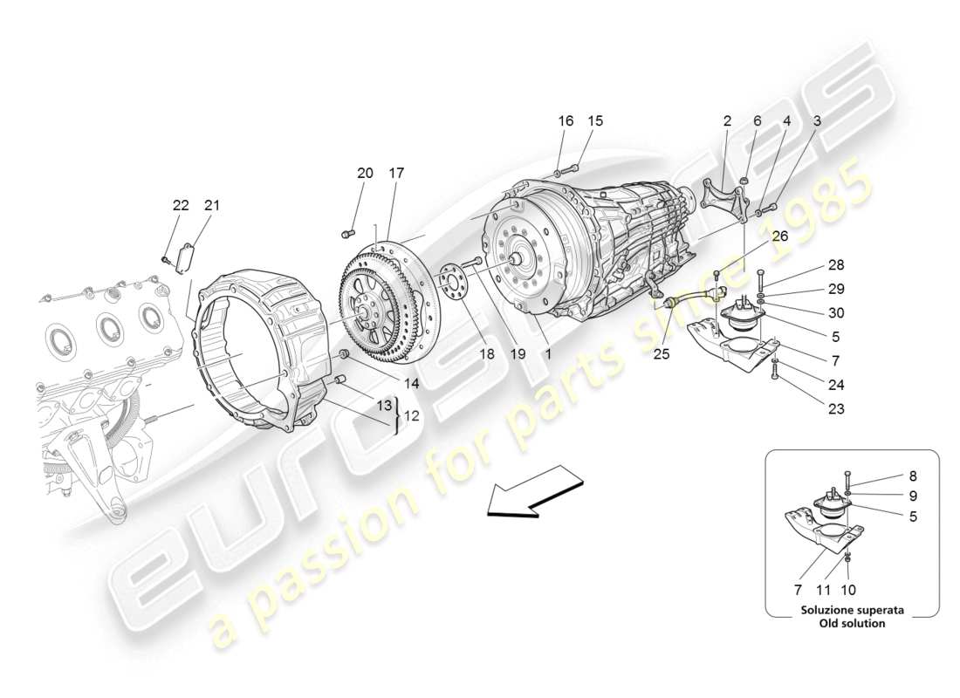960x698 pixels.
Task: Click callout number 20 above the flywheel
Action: coord(365,174)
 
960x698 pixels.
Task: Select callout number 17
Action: coord(396,174)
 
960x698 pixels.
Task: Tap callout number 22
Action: coord(181,206)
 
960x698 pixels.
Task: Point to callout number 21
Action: coord(212,206)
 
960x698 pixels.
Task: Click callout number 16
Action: coord(566,121)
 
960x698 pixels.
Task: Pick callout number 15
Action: coord(595,121)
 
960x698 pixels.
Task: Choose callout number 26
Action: coord(779,235)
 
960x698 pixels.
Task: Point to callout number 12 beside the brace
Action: coord(411,415)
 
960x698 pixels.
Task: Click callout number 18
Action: coord(486,355)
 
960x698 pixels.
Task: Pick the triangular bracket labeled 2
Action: coord(724,198)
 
